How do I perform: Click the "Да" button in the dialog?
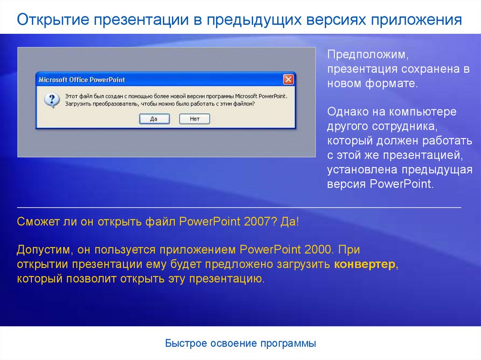tap(154, 119)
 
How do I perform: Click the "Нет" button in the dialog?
tap(194, 119)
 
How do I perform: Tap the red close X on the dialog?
tap(288, 79)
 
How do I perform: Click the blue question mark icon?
tap(51, 100)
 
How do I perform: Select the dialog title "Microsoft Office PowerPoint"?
tap(82, 80)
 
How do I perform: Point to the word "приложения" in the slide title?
tap(417, 20)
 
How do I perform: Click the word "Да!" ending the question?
tap(289, 222)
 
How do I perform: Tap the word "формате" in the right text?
tap(391, 84)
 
